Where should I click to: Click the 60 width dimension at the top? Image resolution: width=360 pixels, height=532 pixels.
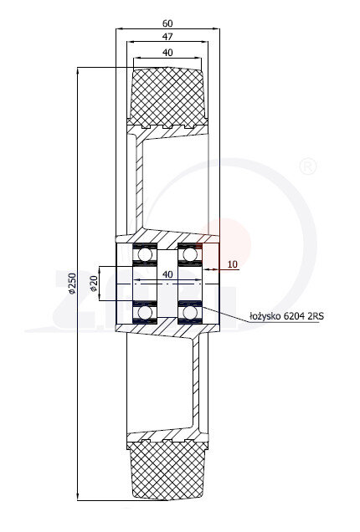[x=167, y=23]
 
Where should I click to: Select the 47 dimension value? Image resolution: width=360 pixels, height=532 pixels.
[x=167, y=37]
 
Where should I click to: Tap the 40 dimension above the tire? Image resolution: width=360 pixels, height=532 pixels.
[x=167, y=53]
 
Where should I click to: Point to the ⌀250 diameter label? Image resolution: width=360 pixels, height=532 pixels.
[x=72, y=283]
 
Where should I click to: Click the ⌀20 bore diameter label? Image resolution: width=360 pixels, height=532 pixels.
[x=94, y=284]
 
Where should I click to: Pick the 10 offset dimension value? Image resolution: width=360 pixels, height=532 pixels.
[x=232, y=264]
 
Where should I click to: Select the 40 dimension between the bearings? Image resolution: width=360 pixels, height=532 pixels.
[x=167, y=274]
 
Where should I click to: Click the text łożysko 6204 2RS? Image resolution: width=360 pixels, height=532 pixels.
[x=286, y=316]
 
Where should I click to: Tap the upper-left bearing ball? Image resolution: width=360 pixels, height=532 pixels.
[x=145, y=255]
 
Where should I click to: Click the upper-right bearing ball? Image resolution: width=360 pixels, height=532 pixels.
[x=190, y=255]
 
